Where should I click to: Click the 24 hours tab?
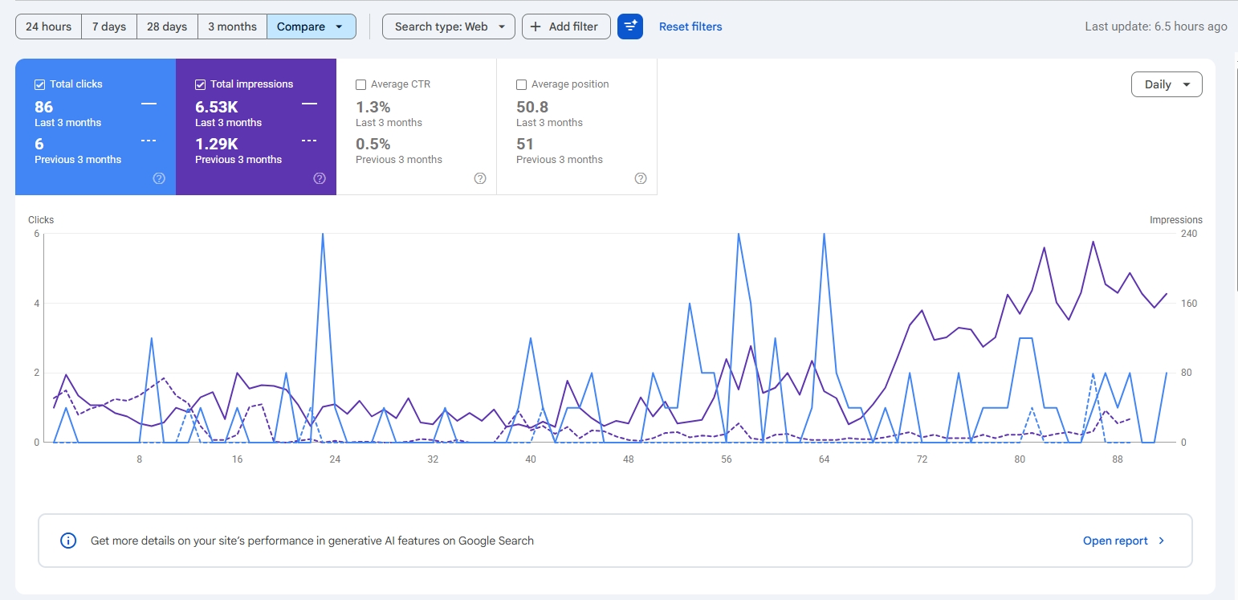[49, 27]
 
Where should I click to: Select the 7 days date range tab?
[109, 27]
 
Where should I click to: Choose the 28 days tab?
[167, 27]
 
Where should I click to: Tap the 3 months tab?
[232, 27]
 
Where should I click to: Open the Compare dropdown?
[312, 27]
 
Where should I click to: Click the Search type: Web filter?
[449, 27]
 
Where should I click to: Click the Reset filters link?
[690, 27]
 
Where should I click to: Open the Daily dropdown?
[1167, 84]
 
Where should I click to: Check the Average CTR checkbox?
[361, 84]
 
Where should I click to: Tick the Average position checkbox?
[521, 84]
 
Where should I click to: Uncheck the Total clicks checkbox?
[40, 84]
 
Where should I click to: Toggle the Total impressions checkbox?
[200, 84]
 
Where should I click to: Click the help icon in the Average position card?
[641, 178]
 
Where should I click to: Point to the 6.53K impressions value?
[217, 107]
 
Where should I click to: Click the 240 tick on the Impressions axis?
[1189, 234]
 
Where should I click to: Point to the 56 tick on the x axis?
[727, 459]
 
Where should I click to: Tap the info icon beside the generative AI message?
[68, 541]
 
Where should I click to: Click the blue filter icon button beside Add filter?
[630, 27]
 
